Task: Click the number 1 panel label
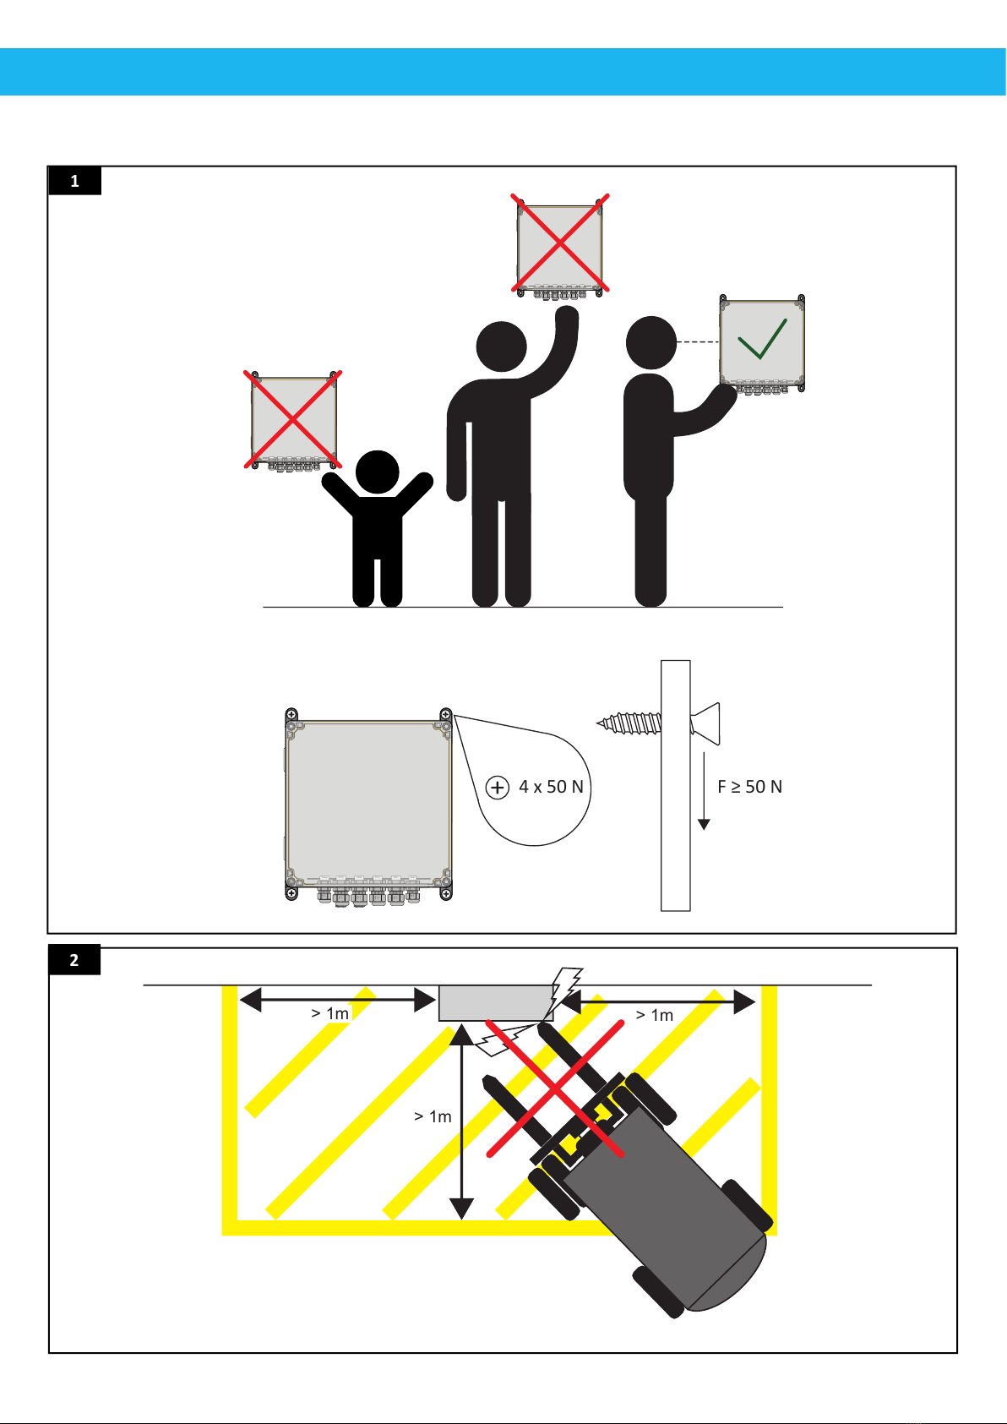74,181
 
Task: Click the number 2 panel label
74,960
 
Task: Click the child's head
377,472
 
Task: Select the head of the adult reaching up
502,346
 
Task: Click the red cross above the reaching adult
559,243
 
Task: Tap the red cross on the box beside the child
292,418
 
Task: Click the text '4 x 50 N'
551,787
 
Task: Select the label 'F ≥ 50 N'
749,787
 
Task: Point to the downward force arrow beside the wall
704,790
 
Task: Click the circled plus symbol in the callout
498,788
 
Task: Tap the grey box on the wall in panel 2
494,1003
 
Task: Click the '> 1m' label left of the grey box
329,1013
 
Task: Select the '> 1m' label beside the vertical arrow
433,1116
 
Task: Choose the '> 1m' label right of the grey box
654,1015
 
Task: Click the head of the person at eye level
651,342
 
